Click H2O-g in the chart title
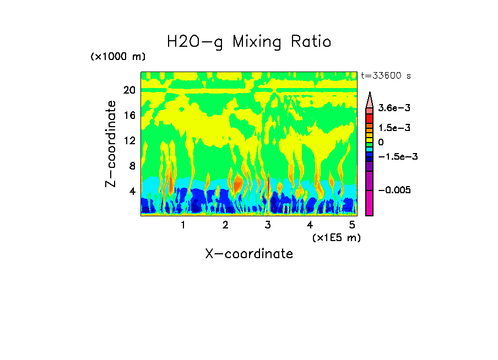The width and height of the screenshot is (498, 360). point(195,42)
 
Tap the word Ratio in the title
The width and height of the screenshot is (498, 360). point(312,42)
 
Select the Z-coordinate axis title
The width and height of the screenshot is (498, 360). point(112,144)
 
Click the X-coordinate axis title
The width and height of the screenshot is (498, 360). point(249,254)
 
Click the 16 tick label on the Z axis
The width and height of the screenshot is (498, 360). point(129,115)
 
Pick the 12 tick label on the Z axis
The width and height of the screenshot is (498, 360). point(129,140)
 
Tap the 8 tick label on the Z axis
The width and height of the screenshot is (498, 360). point(132,166)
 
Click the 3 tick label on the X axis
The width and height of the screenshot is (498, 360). point(268,225)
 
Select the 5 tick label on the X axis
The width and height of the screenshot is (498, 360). point(352,225)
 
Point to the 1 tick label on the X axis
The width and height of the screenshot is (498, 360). point(183,225)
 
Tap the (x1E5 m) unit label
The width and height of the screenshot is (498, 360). point(336,237)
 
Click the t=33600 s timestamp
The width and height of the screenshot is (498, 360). point(386,76)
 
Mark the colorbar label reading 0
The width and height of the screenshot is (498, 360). point(381,142)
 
